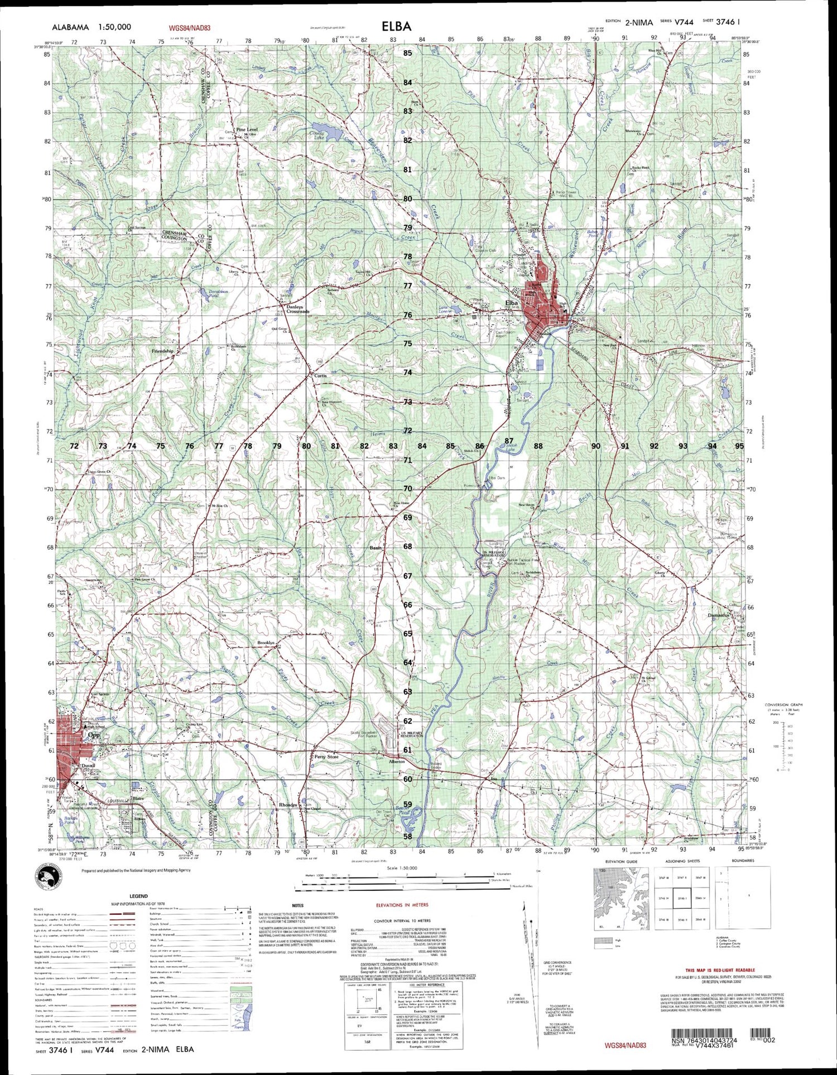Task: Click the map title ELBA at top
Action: coord(397,26)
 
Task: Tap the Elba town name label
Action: coord(511,303)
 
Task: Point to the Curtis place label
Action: coord(320,376)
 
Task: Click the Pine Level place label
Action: coord(247,129)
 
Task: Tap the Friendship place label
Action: coord(162,351)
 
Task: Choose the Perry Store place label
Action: coord(326,757)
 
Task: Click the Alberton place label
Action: coord(397,761)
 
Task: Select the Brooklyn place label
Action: coord(266,643)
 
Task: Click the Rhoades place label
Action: coord(288,805)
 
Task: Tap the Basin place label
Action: coord(376,548)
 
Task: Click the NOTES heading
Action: coord(297,905)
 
